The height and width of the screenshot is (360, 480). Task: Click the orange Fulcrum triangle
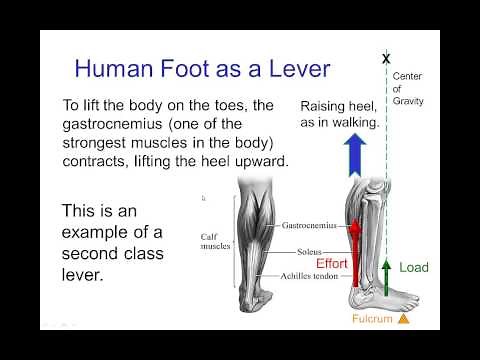click(403, 319)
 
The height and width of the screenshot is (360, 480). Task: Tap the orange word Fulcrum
click(372, 320)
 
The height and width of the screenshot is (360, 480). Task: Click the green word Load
click(414, 268)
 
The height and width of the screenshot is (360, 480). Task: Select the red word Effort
click(331, 264)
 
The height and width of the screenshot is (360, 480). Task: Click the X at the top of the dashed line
click(386, 59)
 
